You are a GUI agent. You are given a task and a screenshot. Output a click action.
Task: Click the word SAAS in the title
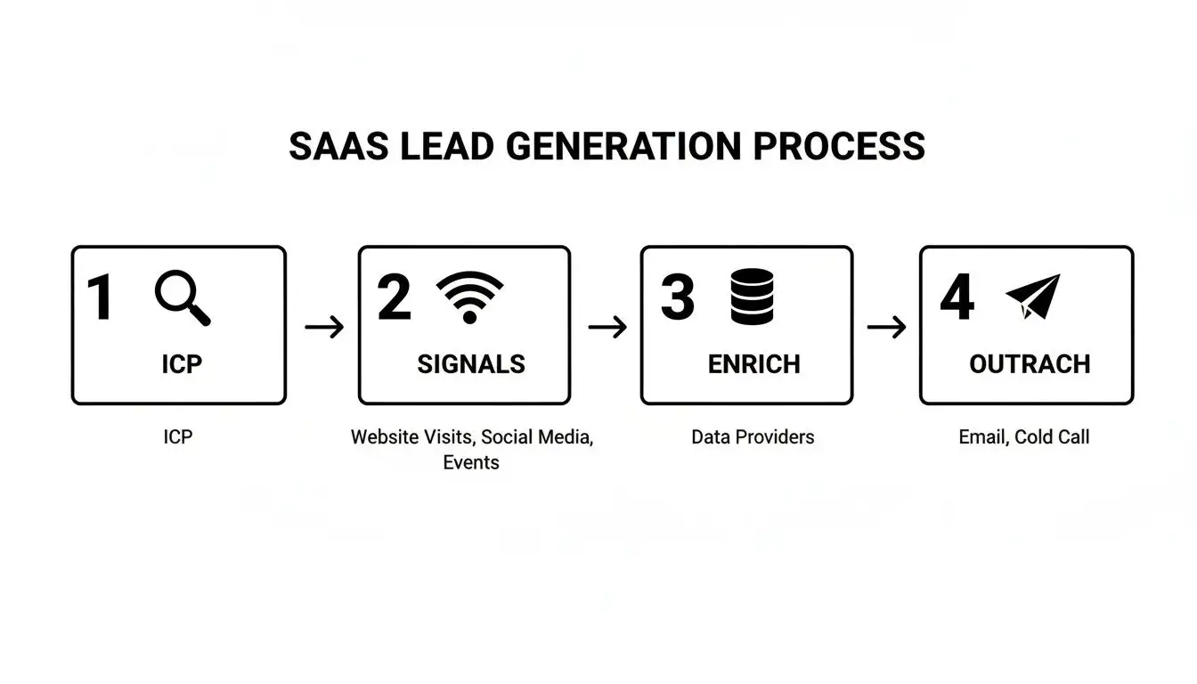[x=338, y=147]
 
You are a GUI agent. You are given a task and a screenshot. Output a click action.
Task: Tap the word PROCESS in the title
[x=839, y=147]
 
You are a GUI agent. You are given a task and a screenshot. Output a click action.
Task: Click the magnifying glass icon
[x=183, y=299]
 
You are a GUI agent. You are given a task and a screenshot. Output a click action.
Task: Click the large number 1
[x=100, y=298]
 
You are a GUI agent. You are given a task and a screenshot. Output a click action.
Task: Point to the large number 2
[x=395, y=298]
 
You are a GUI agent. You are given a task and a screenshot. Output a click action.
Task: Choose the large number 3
[x=677, y=298]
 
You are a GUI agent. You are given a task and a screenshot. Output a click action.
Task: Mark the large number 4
[x=957, y=298]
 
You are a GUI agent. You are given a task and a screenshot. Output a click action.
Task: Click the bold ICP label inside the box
[x=181, y=364]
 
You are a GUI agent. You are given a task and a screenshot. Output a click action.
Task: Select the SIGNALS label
[x=471, y=364]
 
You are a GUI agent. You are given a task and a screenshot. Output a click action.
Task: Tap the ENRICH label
[x=753, y=364]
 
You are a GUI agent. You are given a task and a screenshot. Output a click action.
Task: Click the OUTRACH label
[x=1030, y=364]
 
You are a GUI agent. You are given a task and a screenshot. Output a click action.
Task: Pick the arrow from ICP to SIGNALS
[x=323, y=327]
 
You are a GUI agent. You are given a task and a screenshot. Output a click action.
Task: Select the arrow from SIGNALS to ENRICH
[x=607, y=327]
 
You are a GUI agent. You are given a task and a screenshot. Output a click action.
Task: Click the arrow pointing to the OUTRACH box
[x=886, y=327]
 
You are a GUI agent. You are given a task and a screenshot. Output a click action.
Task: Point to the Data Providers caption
[x=753, y=437]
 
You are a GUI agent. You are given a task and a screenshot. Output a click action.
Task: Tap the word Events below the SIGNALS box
[x=471, y=463]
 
